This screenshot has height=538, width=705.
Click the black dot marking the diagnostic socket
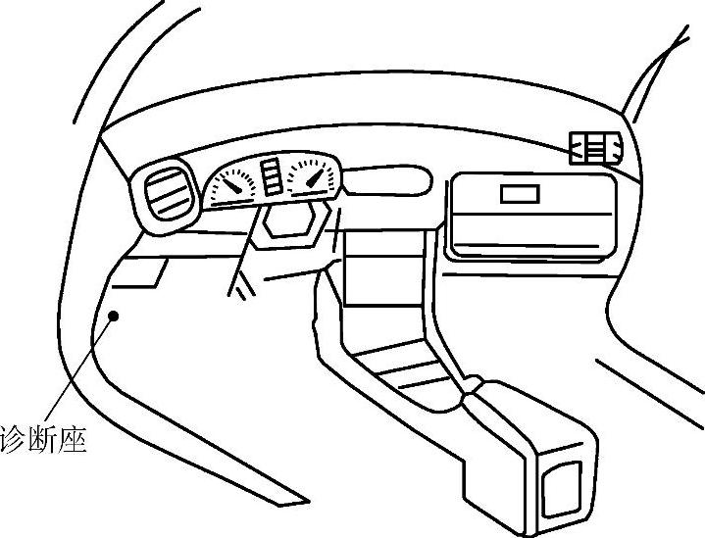coord(115,316)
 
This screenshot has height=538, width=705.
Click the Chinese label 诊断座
coord(45,438)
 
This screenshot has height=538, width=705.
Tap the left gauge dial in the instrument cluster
coord(232,183)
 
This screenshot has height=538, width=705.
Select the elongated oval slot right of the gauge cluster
coord(388,181)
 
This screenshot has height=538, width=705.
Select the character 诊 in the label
coord(16,438)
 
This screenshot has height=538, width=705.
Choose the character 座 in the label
coord(75,438)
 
